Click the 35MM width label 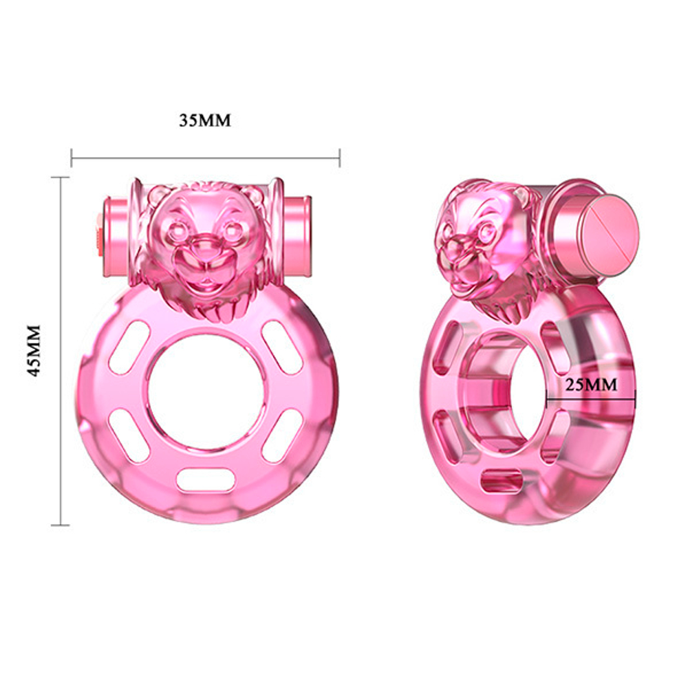(205, 120)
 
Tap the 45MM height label (35, 350)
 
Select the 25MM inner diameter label (591, 385)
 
